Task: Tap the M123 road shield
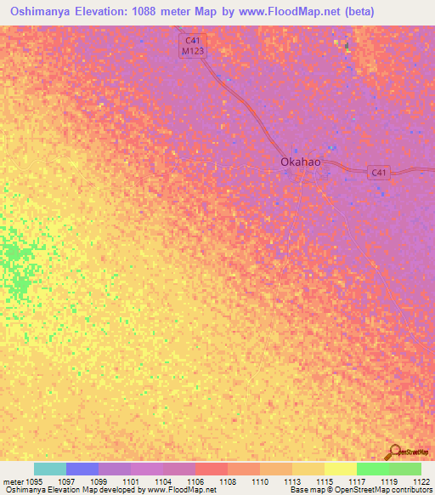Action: point(193,51)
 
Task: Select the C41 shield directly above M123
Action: point(193,39)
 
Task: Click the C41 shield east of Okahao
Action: point(380,173)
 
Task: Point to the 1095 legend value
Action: point(33,481)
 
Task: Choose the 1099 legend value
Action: point(99,481)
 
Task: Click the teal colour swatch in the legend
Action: point(50,469)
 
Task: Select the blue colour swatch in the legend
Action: point(82,469)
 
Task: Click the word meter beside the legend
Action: point(12,481)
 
